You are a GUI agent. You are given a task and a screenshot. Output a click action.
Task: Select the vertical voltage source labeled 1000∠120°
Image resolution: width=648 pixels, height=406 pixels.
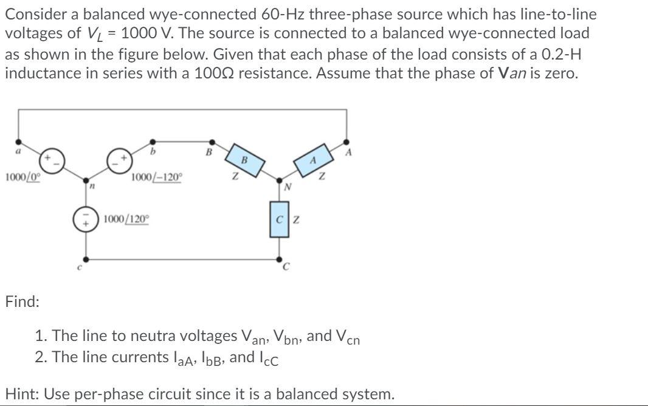click(85, 219)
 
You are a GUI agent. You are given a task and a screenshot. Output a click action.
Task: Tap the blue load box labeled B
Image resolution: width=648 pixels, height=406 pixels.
click(244, 161)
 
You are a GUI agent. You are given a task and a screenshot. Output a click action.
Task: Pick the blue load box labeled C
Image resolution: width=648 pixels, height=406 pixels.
click(280, 219)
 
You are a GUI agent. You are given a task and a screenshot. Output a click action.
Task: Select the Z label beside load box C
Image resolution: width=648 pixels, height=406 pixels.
click(295, 219)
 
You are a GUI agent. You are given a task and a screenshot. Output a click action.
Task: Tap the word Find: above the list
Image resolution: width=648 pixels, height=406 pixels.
click(22, 301)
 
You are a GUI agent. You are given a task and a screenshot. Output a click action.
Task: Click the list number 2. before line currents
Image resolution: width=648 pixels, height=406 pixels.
click(41, 357)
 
